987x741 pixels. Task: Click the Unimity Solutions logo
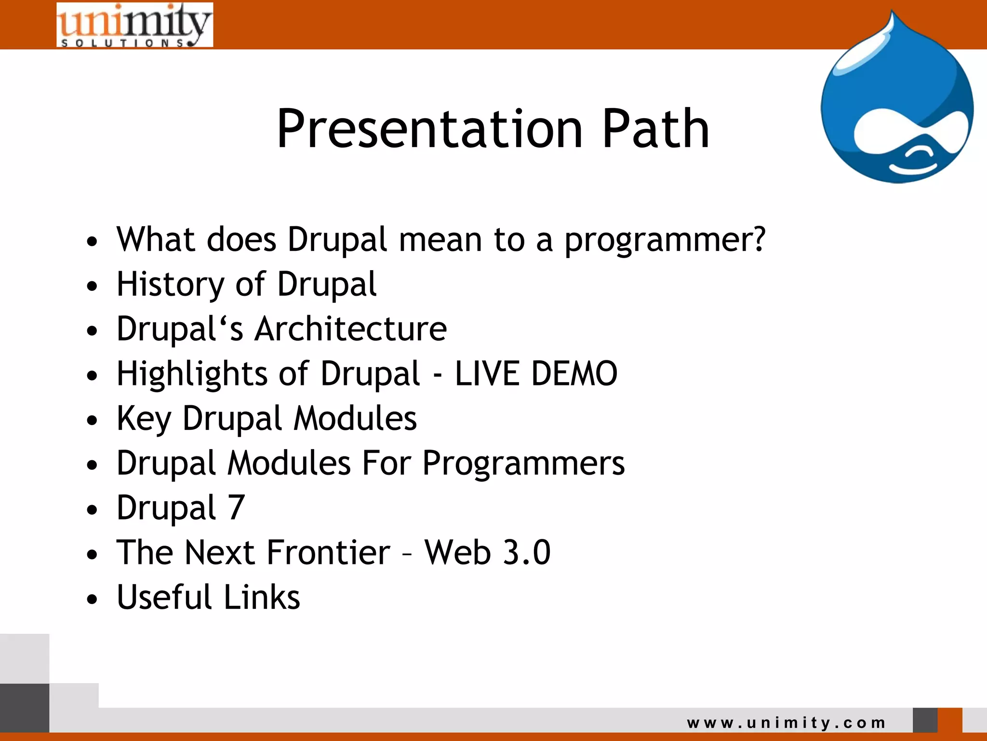[x=134, y=25]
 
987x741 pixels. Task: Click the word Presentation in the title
[x=429, y=129]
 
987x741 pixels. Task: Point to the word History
[x=170, y=285]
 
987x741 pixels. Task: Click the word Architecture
[x=351, y=329]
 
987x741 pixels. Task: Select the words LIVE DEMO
[x=536, y=373]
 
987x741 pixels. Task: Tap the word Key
[x=144, y=419]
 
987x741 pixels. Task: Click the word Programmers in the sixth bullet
[x=523, y=463]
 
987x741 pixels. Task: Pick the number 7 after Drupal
[x=236, y=508]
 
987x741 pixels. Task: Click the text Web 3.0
[x=487, y=552]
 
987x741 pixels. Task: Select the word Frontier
[x=328, y=552]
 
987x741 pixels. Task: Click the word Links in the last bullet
[x=262, y=597]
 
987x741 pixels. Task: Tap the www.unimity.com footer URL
[x=786, y=723]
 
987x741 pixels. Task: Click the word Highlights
[x=192, y=374]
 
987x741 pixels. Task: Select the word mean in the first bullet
[x=440, y=240]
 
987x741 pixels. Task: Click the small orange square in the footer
[x=949, y=720]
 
